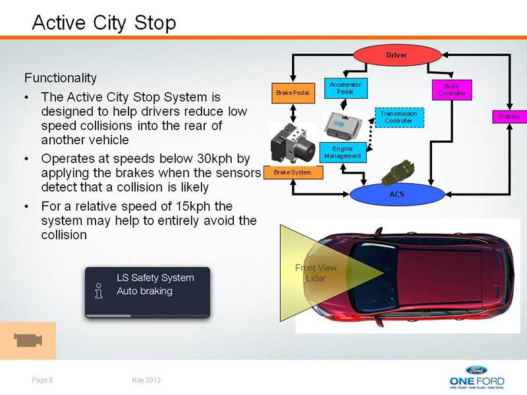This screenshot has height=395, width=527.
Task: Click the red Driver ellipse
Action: (x=397, y=55)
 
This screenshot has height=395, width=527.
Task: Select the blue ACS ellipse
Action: (x=397, y=194)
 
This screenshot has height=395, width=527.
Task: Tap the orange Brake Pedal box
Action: (x=293, y=93)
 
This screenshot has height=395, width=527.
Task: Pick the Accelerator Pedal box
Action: (x=346, y=88)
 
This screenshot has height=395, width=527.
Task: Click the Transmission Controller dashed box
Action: (x=399, y=118)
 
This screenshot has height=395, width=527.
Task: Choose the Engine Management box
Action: (x=343, y=153)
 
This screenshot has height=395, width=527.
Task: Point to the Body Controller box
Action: (x=452, y=90)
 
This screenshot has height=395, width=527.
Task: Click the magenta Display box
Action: (x=509, y=117)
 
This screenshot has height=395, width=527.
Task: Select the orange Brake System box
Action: (x=293, y=172)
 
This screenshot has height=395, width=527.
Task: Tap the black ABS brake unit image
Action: (x=292, y=143)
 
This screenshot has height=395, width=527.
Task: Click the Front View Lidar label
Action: (x=316, y=273)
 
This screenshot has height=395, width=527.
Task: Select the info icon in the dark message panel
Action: (x=99, y=290)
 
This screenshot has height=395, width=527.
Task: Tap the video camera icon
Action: (x=28, y=340)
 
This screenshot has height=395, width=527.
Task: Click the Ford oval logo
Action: (x=476, y=370)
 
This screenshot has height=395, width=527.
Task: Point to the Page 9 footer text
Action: (x=42, y=380)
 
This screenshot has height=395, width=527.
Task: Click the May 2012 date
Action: (x=146, y=380)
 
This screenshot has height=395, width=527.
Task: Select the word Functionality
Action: (x=61, y=78)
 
